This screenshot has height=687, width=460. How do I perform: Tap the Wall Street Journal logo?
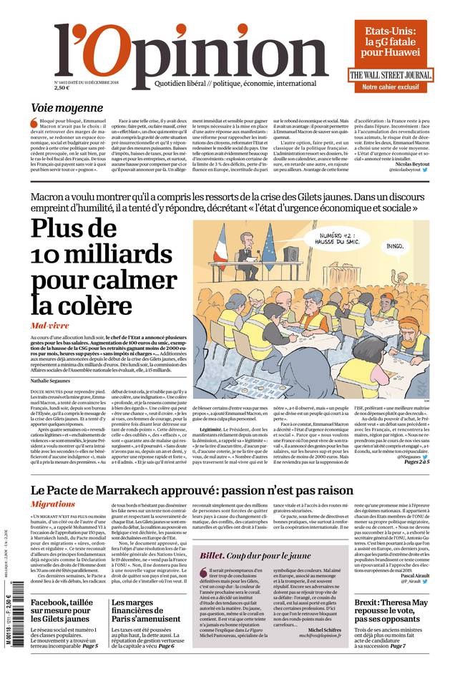point(391,75)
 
